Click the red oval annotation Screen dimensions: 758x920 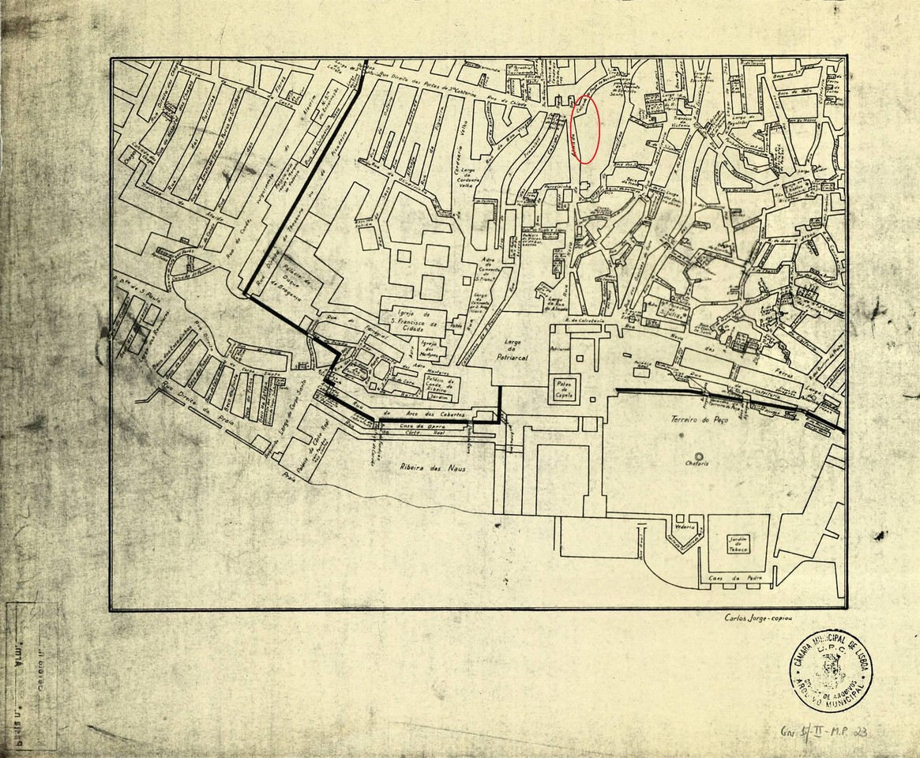[x=585, y=129]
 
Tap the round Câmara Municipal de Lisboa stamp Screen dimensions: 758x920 [x=830, y=670]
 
